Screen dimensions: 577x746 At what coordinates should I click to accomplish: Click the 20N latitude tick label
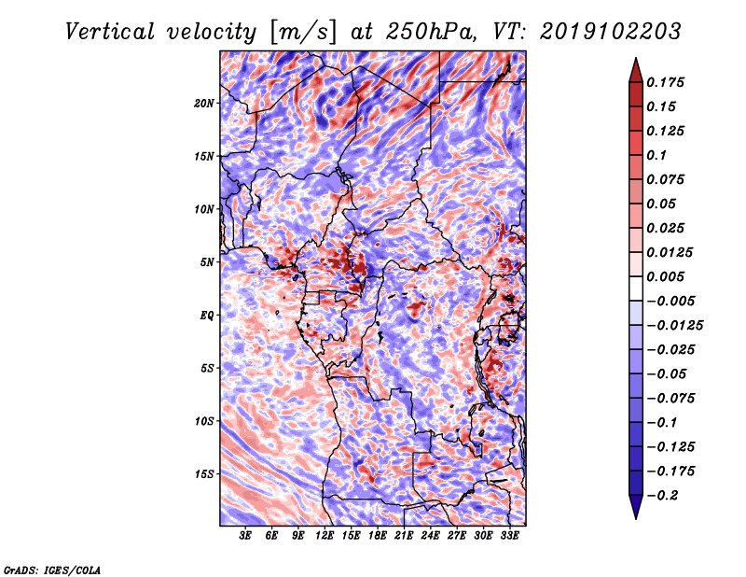point(204,103)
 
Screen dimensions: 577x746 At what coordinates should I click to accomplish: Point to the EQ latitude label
point(208,315)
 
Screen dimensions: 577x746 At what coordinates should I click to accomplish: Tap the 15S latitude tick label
point(204,473)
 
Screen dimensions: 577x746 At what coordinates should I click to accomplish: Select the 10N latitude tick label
point(204,208)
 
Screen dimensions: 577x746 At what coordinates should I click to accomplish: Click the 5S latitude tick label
point(207,368)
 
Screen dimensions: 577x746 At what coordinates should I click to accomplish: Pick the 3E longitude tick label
point(245,536)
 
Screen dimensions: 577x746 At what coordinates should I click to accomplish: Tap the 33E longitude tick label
point(509,536)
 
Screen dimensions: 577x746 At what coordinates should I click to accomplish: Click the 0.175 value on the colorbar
point(670,82)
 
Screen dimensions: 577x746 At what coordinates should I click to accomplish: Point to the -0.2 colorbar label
point(666,495)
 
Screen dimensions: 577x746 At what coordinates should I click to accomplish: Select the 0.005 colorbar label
point(670,276)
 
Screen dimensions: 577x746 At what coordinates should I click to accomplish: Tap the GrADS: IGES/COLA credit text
point(52,569)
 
